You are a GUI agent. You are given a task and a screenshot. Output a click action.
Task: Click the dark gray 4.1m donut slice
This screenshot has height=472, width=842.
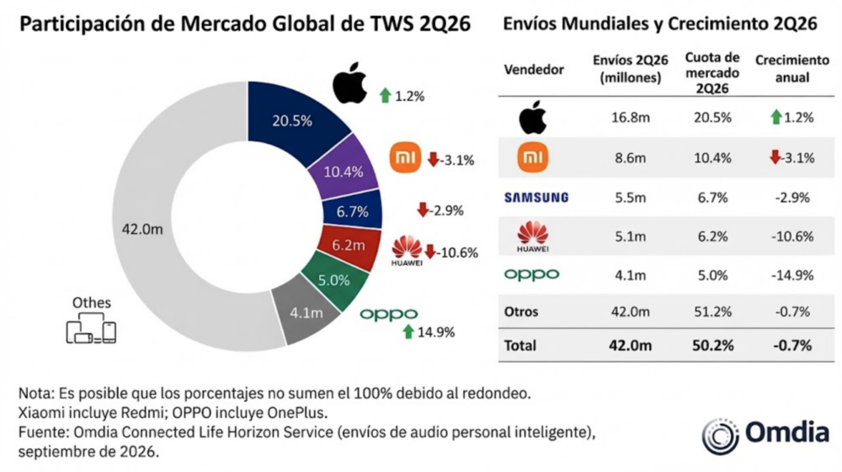pyautogui.click(x=306, y=314)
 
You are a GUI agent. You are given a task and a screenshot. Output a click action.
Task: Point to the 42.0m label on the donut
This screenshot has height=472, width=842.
pyautogui.click(x=142, y=230)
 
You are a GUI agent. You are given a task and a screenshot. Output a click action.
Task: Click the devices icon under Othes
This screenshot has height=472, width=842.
pyautogui.click(x=91, y=328)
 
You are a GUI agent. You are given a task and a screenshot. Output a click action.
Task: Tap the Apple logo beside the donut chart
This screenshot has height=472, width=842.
pyautogui.click(x=349, y=83)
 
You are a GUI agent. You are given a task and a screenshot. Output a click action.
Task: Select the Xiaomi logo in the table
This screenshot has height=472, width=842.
pyautogui.click(x=533, y=157)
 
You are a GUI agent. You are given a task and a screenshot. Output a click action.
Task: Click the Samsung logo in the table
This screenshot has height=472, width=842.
pyautogui.click(x=536, y=198)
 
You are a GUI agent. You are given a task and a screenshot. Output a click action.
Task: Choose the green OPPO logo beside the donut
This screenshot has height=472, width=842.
pyautogui.click(x=389, y=315)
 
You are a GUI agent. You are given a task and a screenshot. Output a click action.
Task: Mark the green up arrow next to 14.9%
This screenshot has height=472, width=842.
pyautogui.click(x=408, y=331)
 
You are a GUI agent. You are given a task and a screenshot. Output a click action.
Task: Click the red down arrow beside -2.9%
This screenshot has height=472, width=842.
pyautogui.click(x=424, y=209)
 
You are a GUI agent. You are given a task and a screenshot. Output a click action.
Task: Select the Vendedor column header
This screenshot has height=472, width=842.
pyautogui.click(x=534, y=70)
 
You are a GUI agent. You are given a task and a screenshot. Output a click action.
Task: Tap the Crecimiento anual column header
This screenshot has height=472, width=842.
pyautogui.click(x=792, y=69)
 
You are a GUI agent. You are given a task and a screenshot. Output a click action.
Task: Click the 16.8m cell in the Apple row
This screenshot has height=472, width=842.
pyautogui.click(x=631, y=118)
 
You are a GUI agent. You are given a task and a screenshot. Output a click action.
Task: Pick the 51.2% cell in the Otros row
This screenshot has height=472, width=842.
pyautogui.click(x=712, y=311)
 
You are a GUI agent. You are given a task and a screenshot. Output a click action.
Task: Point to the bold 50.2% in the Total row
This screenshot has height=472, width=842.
pyautogui.click(x=712, y=346)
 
